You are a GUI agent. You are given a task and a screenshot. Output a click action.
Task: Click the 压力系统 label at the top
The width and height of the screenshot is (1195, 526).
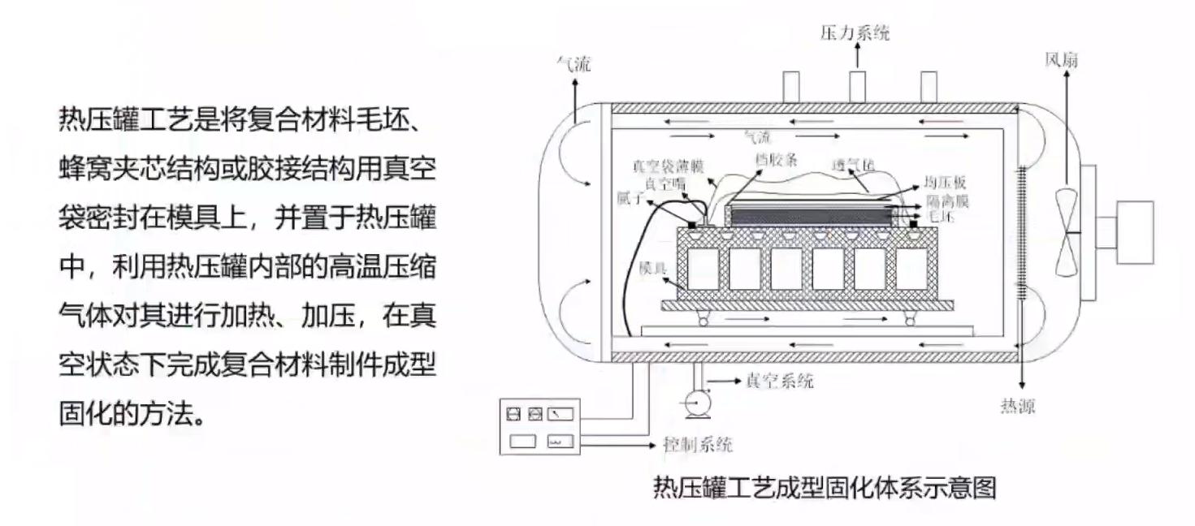(855, 33)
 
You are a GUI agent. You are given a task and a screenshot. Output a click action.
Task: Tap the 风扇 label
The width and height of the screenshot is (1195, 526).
(1062, 60)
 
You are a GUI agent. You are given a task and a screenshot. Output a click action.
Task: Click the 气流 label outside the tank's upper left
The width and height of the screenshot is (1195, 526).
(573, 64)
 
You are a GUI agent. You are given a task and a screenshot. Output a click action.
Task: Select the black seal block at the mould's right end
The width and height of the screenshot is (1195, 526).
(914, 222)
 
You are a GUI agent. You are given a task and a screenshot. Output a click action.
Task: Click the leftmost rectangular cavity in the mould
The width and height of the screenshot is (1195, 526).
(702, 269)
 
